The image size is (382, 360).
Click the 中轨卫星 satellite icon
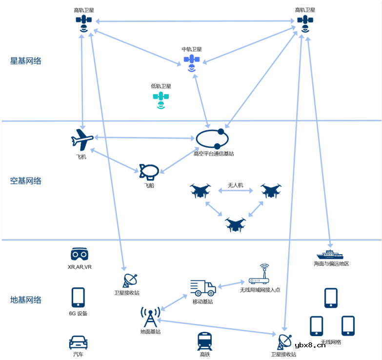click(192, 62)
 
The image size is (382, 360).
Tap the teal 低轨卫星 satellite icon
click(161, 99)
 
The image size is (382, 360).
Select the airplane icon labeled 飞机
click(82, 140)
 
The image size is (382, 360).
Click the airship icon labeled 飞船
click(148, 172)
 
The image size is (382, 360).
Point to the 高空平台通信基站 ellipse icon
click(213, 139)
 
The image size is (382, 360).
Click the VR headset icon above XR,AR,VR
click(80, 254)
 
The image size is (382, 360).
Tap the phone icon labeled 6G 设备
click(78, 297)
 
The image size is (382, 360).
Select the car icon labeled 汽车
click(78, 342)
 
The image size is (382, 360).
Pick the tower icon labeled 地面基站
click(150, 317)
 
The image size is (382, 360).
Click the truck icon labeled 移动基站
click(203, 288)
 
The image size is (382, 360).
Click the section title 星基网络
click(26, 61)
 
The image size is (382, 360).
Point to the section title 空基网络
click(26, 181)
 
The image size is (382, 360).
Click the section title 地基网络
click(26, 300)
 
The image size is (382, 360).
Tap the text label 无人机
click(235, 186)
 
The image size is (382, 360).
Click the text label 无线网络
click(331, 342)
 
